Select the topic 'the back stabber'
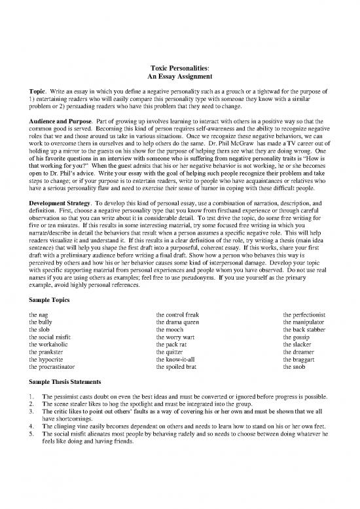(x=306, y=331)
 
